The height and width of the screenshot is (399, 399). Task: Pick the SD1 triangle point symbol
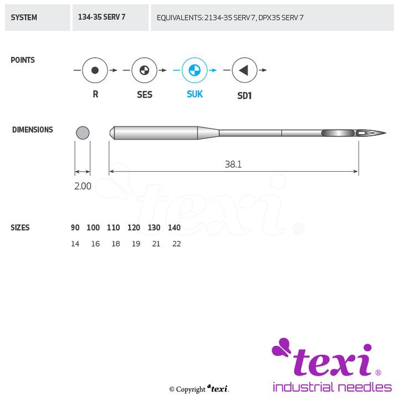244,70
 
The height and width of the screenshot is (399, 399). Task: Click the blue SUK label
195,94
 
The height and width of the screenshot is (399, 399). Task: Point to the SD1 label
244,96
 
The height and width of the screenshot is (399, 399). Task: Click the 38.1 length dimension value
233,165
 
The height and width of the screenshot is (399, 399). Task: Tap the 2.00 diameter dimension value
83,186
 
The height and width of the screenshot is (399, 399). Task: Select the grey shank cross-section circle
83,133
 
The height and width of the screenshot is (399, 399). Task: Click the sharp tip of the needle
386,132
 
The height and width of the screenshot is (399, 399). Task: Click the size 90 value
75,228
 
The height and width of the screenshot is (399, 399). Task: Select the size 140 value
175,228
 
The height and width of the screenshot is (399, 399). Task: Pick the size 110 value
113,228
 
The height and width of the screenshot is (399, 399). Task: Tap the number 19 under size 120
136,244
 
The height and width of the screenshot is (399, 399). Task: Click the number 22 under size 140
177,244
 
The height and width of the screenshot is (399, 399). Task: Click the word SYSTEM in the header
24,18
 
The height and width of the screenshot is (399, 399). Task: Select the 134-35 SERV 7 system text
101,17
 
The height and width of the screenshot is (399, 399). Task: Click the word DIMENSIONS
33,130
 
